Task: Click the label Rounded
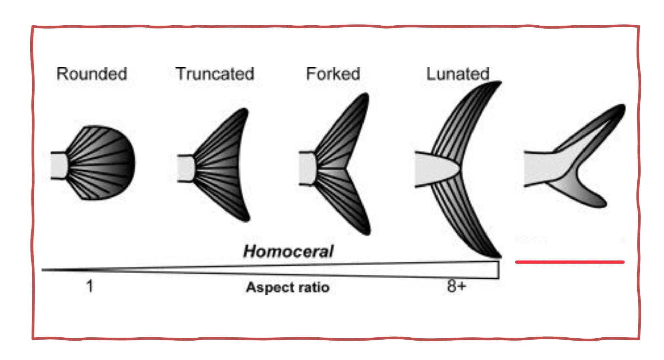[x=91, y=74]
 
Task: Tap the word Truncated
[x=215, y=74]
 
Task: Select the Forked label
[x=333, y=74]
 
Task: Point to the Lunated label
[x=457, y=74]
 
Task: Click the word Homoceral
[x=288, y=251]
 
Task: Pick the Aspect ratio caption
[x=288, y=287]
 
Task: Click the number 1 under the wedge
[x=90, y=286]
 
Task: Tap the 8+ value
[x=456, y=286]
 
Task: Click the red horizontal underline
[x=569, y=262]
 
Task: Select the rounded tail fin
[x=103, y=163]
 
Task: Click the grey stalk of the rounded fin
[x=58, y=165]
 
